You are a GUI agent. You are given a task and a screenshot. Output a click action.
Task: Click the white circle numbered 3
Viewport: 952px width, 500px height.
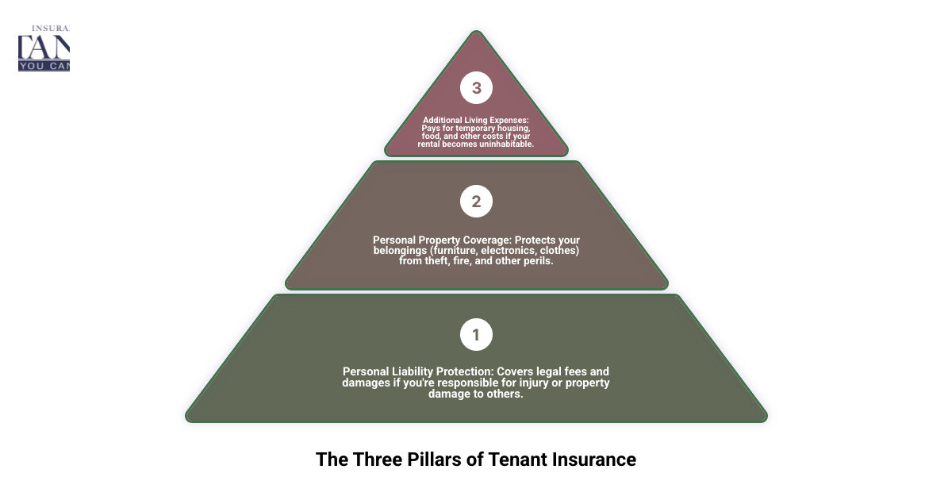(476, 88)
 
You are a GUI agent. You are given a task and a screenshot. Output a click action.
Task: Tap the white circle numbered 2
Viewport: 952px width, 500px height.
(476, 202)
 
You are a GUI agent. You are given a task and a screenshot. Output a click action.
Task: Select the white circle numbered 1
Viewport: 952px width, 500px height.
(476, 335)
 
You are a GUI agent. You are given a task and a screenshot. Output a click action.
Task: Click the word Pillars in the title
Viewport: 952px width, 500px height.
(437, 460)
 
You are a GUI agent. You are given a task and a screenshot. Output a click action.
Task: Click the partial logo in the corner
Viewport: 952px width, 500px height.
(44, 48)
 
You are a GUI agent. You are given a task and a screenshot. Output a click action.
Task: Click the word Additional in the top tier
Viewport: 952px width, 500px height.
(443, 121)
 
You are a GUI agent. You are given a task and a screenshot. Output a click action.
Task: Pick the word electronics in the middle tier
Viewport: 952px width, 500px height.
(510, 250)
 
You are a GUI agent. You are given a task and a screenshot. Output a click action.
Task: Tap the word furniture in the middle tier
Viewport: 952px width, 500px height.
(451, 250)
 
